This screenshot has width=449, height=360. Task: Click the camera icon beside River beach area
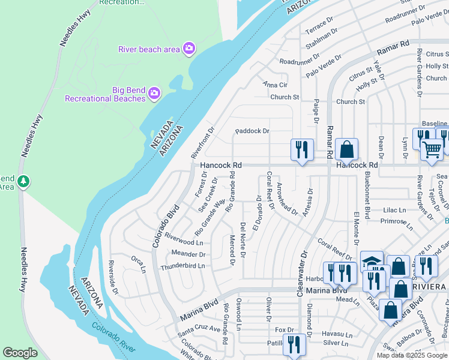pyautogui.click(x=189, y=49)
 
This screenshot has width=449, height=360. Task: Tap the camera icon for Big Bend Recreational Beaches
pyautogui.click(x=154, y=92)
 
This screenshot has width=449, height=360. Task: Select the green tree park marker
pyautogui.click(x=23, y=181)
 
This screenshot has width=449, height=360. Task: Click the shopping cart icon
pyautogui.click(x=432, y=149)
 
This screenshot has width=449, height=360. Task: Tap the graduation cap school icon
pyautogui.click(x=372, y=261)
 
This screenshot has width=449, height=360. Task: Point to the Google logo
pyautogui.click(x=20, y=353)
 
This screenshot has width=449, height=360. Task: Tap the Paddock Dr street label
pyautogui.click(x=252, y=130)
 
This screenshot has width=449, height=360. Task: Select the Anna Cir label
pyautogui.click(x=276, y=85)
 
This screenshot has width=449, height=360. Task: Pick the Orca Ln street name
pyautogui.click(x=138, y=264)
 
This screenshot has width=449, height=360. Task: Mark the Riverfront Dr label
pyautogui.click(x=202, y=142)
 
